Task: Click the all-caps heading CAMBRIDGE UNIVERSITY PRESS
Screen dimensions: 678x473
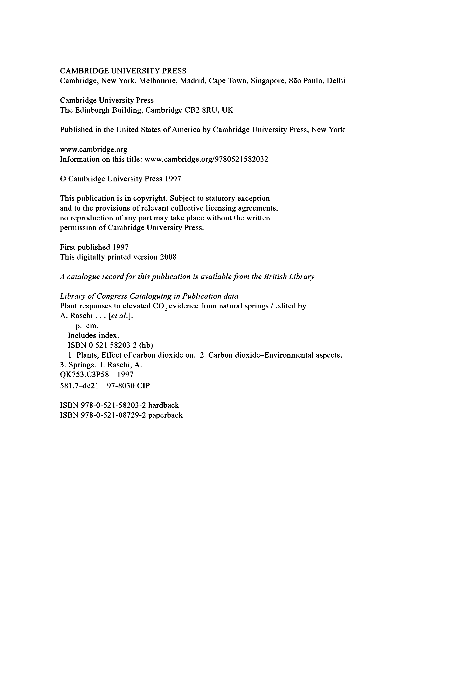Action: click(123, 71)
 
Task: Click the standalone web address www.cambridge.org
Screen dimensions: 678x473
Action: click(94, 149)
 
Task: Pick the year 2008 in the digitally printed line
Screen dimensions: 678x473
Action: click(168, 257)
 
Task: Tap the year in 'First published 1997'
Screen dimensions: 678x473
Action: click(120, 247)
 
